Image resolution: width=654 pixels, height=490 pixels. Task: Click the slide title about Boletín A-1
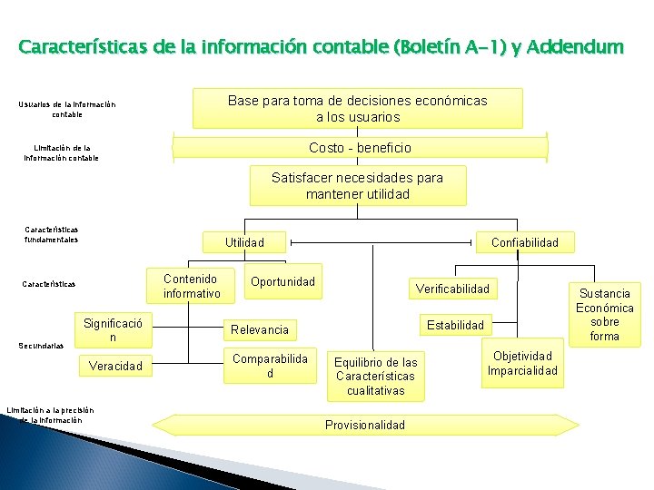(x=321, y=45)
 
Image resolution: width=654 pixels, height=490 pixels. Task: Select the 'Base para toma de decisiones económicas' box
(x=357, y=108)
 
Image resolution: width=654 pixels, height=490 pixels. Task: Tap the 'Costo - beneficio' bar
(x=360, y=147)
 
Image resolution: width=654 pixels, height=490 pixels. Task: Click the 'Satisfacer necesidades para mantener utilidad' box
(x=357, y=186)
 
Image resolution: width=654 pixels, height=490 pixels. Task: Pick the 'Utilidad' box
(x=244, y=242)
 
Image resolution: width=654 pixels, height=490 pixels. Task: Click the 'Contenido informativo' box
(x=192, y=286)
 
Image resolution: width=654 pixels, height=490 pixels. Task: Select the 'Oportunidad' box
(x=282, y=281)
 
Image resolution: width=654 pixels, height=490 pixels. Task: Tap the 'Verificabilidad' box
(x=452, y=289)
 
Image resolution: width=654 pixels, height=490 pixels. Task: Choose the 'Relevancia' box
(x=260, y=329)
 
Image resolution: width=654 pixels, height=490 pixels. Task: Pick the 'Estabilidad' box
(x=456, y=324)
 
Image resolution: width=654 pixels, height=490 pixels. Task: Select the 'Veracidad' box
(x=114, y=366)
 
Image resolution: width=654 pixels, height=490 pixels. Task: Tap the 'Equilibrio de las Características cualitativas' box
(x=375, y=377)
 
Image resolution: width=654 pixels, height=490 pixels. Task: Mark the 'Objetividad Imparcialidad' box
(x=522, y=363)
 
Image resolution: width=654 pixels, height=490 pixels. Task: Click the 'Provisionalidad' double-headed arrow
(x=366, y=425)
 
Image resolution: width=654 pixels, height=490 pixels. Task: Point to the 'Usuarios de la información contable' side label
(x=66, y=110)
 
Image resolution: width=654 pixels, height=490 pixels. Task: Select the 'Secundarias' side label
(x=41, y=346)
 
